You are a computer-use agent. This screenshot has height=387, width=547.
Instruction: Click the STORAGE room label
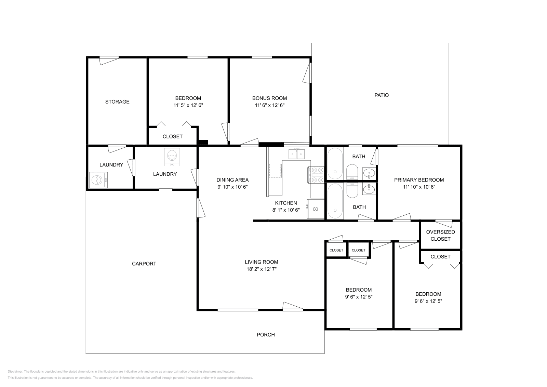coord(117,102)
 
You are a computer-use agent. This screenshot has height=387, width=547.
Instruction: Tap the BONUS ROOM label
coord(269,98)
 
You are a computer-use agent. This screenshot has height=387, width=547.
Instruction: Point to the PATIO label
coord(382,95)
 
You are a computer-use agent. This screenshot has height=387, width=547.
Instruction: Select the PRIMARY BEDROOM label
coord(419,180)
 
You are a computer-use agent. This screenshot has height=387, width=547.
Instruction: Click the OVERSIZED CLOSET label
coord(440,235)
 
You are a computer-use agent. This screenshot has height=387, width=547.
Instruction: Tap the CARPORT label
coord(144,264)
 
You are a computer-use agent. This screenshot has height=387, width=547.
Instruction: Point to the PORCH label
coord(266,335)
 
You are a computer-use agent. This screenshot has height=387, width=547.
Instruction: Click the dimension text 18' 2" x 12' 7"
coord(261,269)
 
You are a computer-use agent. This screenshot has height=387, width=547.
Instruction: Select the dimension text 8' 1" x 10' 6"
coord(286,210)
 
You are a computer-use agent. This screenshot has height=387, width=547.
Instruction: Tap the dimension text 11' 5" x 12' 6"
coord(188,105)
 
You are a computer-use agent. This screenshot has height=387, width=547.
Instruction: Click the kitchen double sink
coord(296,154)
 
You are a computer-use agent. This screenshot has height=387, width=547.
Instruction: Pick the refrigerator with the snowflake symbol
coord(316,209)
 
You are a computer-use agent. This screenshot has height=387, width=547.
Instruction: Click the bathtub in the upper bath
coord(335,164)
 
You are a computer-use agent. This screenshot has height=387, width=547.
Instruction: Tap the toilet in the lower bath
coord(352,190)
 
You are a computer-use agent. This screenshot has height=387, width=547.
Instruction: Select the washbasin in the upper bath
coord(369,174)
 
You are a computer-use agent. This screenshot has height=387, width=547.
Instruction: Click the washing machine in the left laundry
coord(98,180)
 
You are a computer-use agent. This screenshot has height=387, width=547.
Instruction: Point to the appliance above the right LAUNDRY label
coord(172,157)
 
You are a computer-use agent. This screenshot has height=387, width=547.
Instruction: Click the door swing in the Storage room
coord(109,61)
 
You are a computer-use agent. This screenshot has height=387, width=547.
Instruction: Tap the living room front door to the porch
coord(293,306)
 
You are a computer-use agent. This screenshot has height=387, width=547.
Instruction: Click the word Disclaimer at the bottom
coord(15,372)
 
